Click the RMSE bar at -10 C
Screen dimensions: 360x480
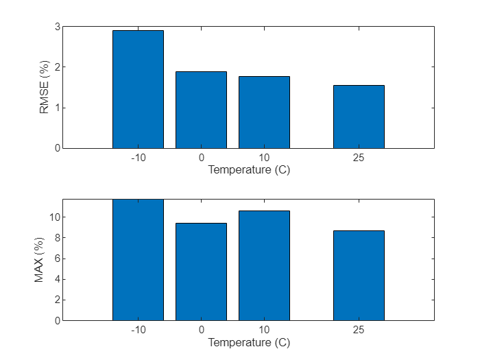138,89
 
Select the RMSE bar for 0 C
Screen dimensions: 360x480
201,110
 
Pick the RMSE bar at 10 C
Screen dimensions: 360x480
264,112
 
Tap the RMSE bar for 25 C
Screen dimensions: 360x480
359,117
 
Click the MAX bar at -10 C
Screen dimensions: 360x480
138,260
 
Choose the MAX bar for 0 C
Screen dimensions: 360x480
201,272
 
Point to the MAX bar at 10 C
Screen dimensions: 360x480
264,265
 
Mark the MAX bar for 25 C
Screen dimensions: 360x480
359,275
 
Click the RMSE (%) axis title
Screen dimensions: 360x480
45,88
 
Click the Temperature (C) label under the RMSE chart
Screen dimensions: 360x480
249,170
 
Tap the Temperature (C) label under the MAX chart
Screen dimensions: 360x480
249,342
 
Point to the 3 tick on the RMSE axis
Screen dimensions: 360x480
57,27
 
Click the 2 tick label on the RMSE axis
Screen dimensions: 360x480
57,67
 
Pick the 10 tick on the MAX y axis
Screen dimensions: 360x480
55,217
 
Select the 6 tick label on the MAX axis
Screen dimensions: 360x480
57,259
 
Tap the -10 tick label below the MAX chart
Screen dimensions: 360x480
138,331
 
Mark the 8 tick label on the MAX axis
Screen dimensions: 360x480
57,238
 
